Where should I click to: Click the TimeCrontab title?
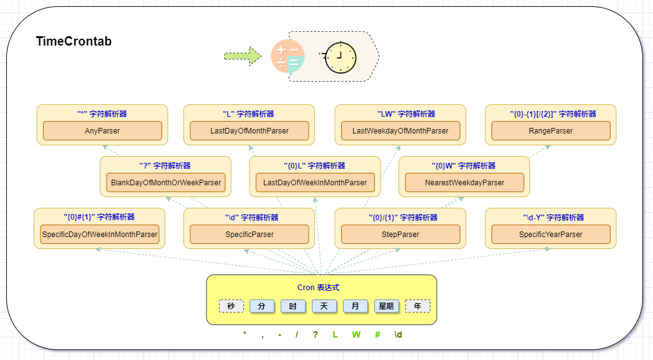(x=74, y=42)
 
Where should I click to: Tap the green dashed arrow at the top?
(x=242, y=56)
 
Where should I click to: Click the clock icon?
(x=340, y=57)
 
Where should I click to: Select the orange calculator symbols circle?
(x=288, y=56)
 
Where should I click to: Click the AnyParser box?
(x=102, y=131)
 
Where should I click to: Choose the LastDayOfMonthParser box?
(x=249, y=131)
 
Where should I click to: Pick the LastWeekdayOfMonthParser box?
(x=400, y=131)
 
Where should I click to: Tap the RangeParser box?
(x=551, y=131)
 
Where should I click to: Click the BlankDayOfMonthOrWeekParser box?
(x=165, y=183)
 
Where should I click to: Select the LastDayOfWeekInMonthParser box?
(x=315, y=183)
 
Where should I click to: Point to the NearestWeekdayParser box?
(x=465, y=183)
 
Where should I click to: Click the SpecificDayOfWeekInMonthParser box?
(x=100, y=235)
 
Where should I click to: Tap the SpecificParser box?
(x=249, y=235)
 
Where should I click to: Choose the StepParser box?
(x=400, y=235)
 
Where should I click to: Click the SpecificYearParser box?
(x=551, y=235)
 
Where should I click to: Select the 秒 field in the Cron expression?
(x=231, y=306)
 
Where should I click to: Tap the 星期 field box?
(x=387, y=306)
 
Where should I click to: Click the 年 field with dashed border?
(x=418, y=306)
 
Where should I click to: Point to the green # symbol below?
(x=377, y=334)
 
